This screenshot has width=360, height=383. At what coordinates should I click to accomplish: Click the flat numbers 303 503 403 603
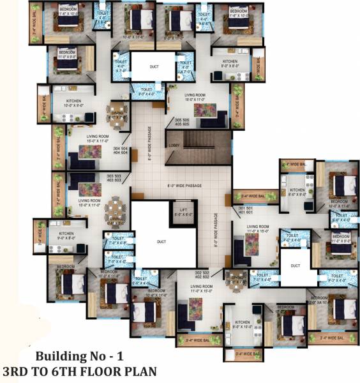pyautogui.click(x=114, y=178)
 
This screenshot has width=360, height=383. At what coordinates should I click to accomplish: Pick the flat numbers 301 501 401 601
pyautogui.click(x=246, y=210)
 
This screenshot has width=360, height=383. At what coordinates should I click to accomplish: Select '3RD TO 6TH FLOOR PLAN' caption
pyautogui.click(x=79, y=371)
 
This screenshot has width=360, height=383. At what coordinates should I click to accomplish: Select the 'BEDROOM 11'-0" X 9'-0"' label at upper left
pyautogui.click(x=66, y=54)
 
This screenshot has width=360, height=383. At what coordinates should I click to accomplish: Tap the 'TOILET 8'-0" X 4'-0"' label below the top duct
pyautogui.click(x=151, y=91)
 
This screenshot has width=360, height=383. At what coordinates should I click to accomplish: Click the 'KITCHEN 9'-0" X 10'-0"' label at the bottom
pyautogui.click(x=243, y=324)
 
